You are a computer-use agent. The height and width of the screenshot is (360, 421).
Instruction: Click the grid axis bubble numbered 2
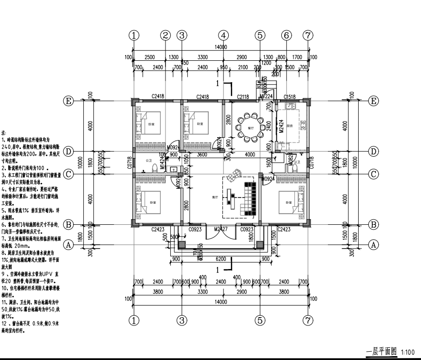point(166,35)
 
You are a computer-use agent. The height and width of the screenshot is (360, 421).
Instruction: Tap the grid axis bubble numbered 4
point(223,35)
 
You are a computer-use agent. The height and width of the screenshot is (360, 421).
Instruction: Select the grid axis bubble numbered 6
point(286,35)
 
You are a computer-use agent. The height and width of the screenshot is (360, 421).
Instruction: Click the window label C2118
point(243,97)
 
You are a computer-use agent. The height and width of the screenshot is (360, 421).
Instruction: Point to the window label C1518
point(290,97)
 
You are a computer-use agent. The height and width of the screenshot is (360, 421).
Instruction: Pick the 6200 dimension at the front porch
point(221,260)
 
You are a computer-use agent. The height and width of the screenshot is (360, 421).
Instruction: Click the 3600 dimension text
point(201,155)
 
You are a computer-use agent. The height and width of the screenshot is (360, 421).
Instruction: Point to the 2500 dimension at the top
point(150,57)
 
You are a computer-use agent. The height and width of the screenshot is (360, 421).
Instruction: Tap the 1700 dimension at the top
point(297,57)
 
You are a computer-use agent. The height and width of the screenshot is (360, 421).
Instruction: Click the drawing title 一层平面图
point(382,351)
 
